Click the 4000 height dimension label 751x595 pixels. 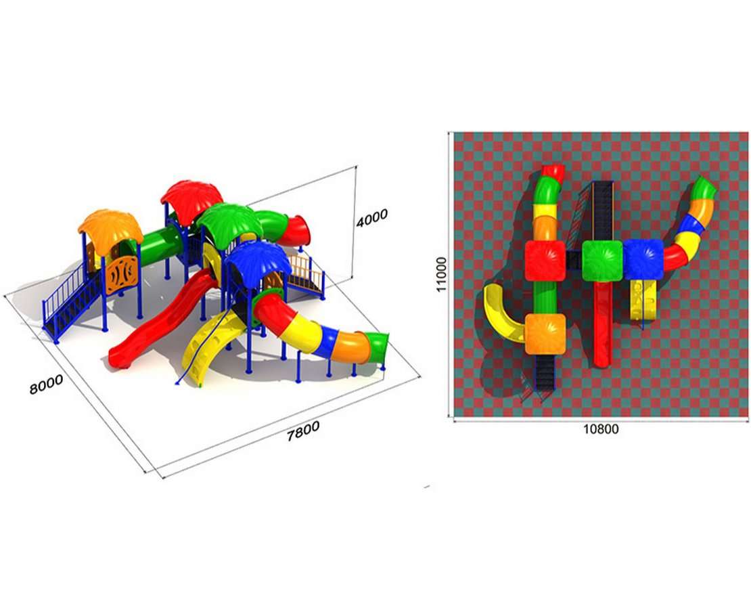[x=371, y=219]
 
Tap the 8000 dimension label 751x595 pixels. [x=46, y=384]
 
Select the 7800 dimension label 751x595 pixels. [x=302, y=431]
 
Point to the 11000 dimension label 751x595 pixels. [x=441, y=274]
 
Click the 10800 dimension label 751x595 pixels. [x=601, y=429]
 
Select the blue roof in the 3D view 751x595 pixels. [x=258, y=260]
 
